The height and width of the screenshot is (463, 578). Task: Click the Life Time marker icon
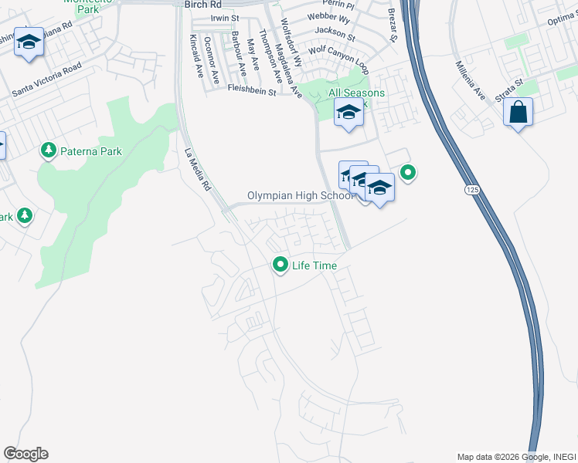point(280,265)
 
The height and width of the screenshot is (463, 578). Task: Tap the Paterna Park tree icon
point(49,151)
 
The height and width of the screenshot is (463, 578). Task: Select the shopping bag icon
point(518,113)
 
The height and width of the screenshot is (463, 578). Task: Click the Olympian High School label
point(300,196)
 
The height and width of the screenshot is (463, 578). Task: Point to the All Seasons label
point(356,93)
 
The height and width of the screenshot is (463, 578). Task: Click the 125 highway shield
point(471,188)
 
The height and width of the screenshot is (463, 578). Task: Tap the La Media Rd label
point(196,170)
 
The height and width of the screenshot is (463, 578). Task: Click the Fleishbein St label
point(252,90)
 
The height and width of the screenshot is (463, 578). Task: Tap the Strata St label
point(509,90)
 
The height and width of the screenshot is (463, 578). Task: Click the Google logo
point(25,454)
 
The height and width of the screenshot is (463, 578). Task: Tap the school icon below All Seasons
point(348,113)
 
